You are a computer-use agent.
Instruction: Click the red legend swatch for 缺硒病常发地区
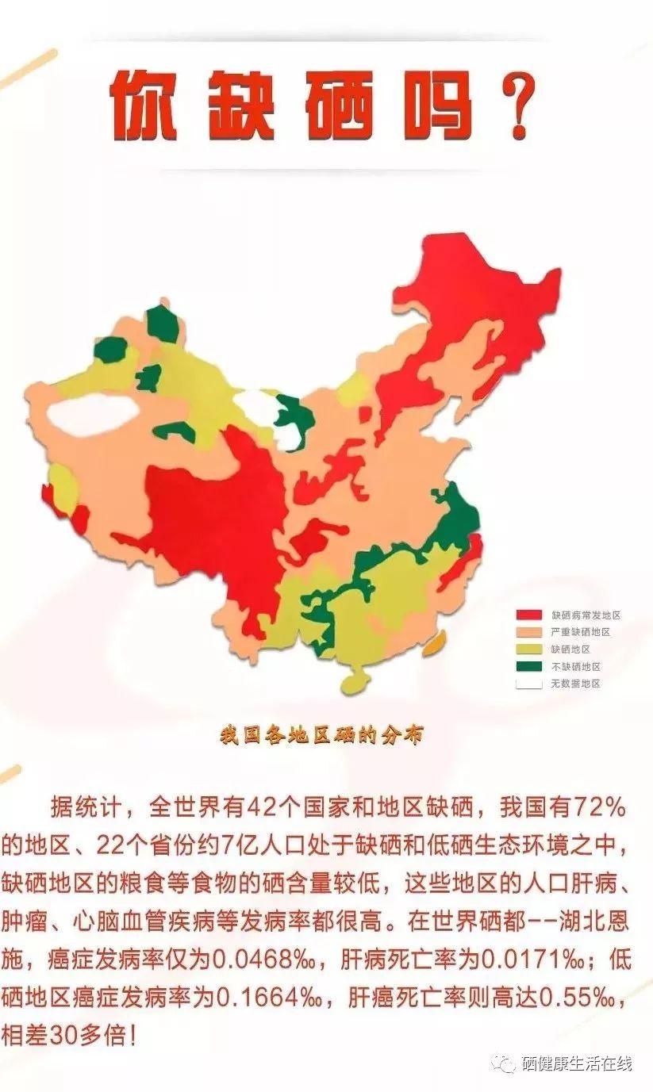529,615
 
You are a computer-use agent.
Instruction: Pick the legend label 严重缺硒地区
581,632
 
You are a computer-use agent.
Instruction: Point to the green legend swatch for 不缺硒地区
529,666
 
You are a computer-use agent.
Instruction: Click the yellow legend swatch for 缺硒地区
529,649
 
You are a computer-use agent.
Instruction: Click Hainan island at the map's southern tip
355,682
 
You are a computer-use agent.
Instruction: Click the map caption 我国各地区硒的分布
321,735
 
